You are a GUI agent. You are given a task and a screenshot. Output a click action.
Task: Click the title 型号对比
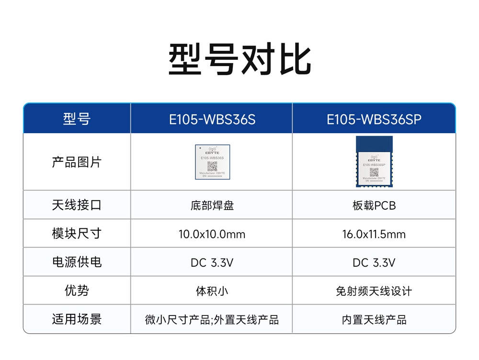pyautogui.click(x=239, y=60)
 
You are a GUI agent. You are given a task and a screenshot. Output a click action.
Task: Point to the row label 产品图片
pyautogui.click(x=77, y=162)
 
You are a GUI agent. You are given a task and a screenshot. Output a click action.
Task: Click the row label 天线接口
pyautogui.click(x=77, y=205)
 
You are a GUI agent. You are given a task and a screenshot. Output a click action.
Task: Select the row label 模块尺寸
pyautogui.click(x=77, y=234)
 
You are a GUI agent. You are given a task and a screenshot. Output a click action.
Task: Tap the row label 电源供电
pyautogui.click(x=77, y=262)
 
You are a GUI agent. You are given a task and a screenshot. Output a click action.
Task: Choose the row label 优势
pyautogui.click(x=77, y=291)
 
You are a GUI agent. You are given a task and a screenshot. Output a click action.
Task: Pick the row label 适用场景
pyautogui.click(x=77, y=319)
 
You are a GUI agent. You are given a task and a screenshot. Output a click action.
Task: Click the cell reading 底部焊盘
pyautogui.click(x=212, y=206)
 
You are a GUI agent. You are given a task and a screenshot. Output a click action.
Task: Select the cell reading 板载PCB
pyautogui.click(x=374, y=206)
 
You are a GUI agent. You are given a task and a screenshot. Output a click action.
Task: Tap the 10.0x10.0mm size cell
pyautogui.click(x=212, y=234)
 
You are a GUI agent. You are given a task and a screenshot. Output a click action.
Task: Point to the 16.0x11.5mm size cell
pyautogui.click(x=374, y=234)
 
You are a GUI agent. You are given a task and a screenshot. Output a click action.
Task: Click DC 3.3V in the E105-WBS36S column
pyautogui.click(x=212, y=263)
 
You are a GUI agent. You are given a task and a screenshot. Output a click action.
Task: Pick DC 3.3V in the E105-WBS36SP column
pyautogui.click(x=374, y=263)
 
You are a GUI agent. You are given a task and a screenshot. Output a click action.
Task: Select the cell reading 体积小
pyautogui.click(x=212, y=291)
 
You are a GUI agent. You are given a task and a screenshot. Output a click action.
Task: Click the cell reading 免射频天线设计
pyautogui.click(x=374, y=291)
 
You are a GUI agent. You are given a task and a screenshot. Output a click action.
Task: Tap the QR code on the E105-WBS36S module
pyautogui.click(x=212, y=166)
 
